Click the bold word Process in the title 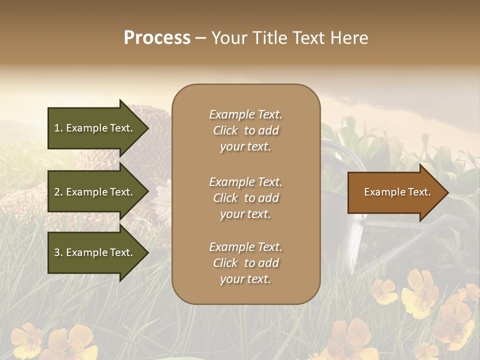point(157,38)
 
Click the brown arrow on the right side point(395,192)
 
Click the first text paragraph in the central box point(245,130)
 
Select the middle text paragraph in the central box point(245,198)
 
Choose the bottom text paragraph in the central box point(245,263)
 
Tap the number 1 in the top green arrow point(57,128)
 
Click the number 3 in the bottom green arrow point(57,252)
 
